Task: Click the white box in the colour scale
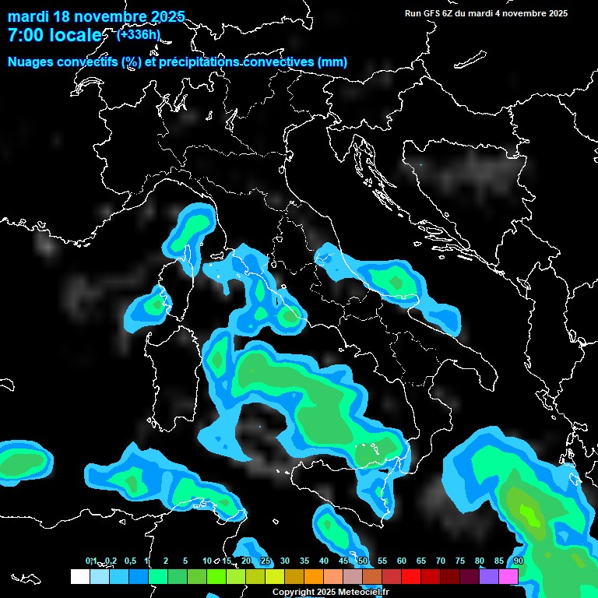pos(79,576)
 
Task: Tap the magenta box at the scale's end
pos(508,576)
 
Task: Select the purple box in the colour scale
pos(489,576)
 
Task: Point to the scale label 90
pos(519,561)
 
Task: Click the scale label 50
pos(363,561)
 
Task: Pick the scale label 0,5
pos(129,561)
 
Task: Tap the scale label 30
pos(285,561)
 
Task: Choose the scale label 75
pos(460,561)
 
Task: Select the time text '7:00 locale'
pos(55,36)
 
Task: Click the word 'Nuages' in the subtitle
pos(30,62)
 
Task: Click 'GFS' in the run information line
pos(432,13)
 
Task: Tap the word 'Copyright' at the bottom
pos(294,592)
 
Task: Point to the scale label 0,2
pos(111,561)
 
